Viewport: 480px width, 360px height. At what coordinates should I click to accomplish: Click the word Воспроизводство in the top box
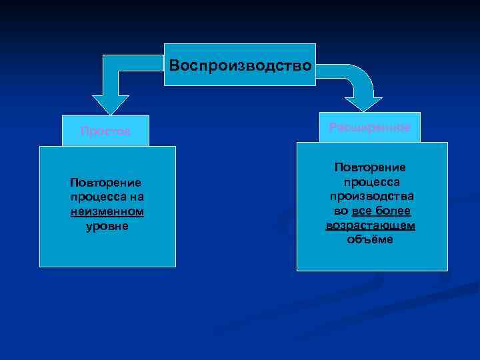[240, 66]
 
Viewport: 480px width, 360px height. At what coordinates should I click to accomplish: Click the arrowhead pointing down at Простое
[110, 104]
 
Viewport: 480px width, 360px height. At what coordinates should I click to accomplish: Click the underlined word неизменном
[107, 211]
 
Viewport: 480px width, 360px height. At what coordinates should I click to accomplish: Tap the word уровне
[107, 225]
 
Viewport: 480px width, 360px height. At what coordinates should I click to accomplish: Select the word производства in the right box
[370, 197]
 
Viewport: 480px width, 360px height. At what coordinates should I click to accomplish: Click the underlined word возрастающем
[370, 225]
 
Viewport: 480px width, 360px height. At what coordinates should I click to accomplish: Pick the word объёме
[370, 239]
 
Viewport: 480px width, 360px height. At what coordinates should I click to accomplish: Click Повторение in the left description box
[107, 183]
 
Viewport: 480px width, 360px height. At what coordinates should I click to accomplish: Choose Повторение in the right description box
[370, 168]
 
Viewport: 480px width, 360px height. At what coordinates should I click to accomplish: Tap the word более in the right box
[395, 211]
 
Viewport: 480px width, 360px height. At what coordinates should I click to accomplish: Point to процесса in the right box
[370, 182]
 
